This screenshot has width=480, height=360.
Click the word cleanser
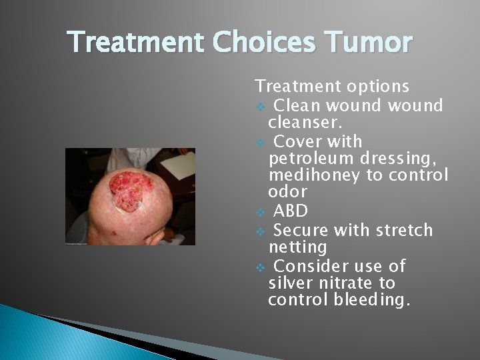tap(305, 123)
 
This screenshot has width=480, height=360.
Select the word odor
tap(287, 192)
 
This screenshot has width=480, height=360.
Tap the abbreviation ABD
tap(291, 212)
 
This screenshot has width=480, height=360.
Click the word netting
tap(297, 247)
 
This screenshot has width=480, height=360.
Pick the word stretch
tap(403, 231)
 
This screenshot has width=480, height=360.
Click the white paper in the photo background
tap(179, 163)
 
